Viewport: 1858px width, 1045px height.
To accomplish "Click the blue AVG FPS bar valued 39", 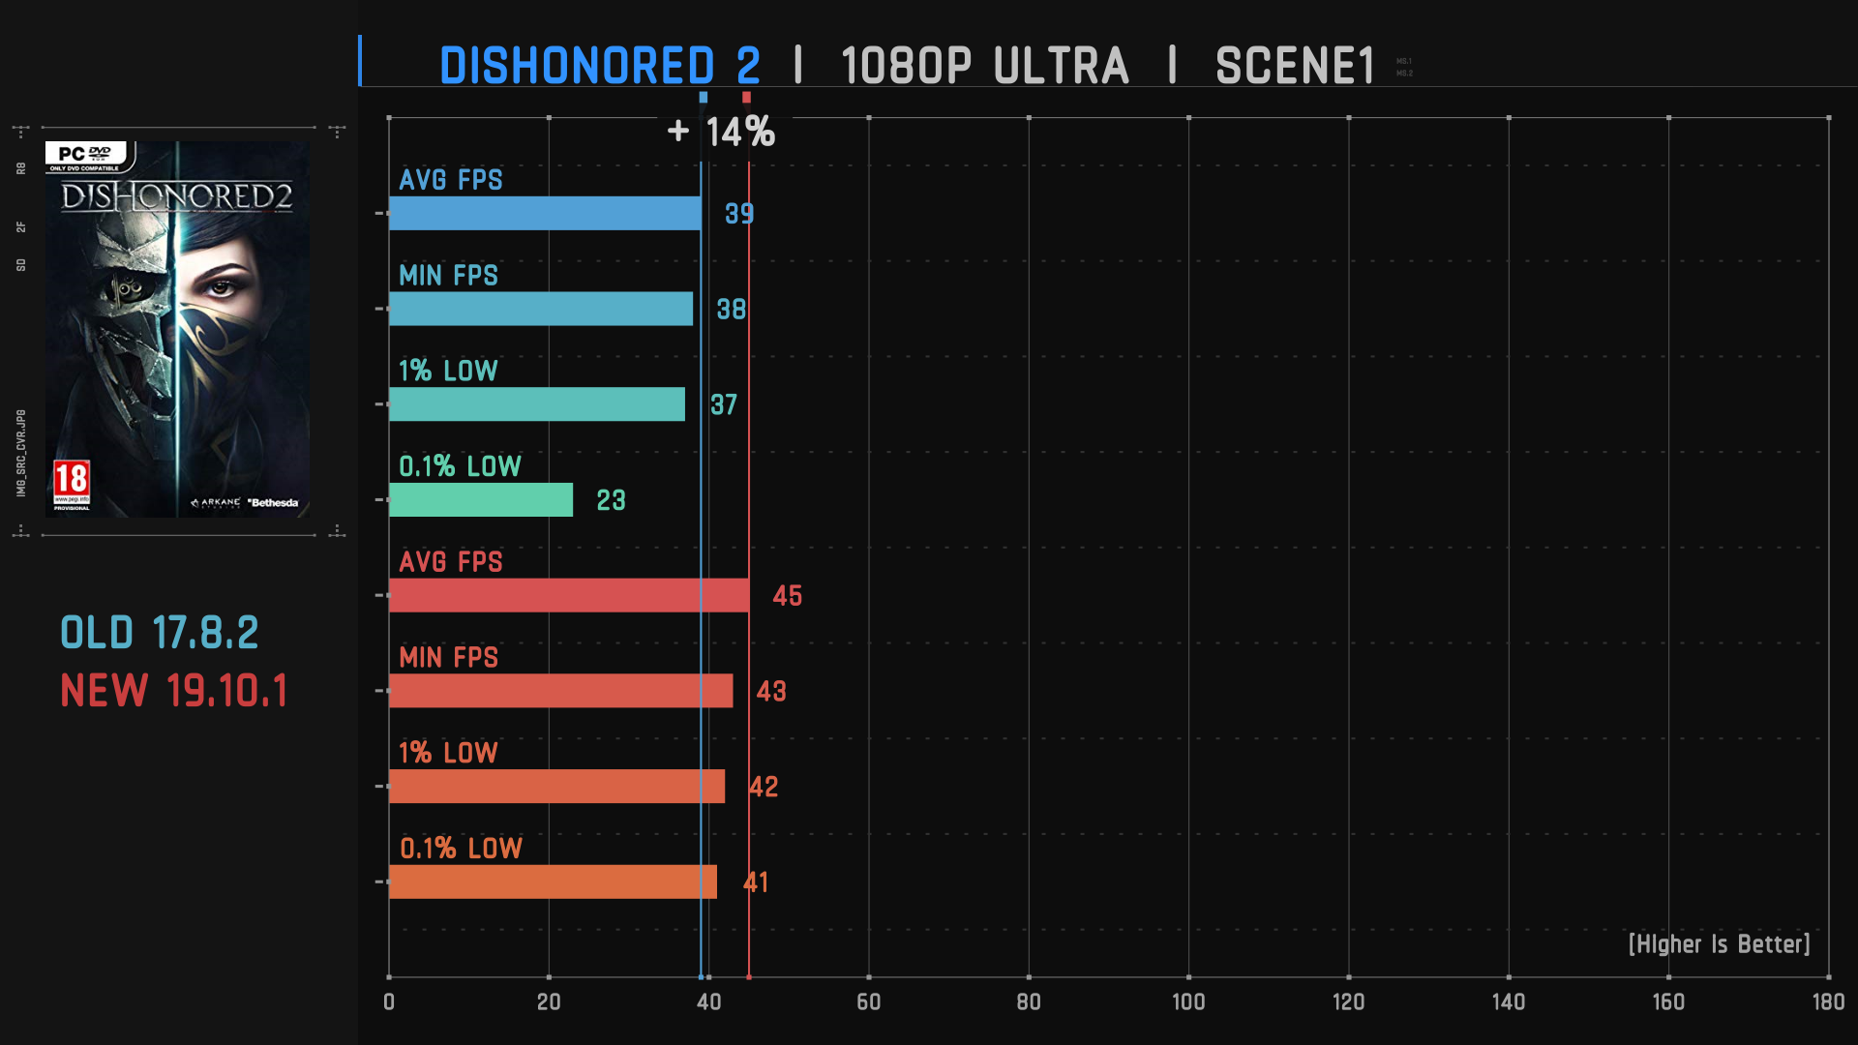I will tap(545, 213).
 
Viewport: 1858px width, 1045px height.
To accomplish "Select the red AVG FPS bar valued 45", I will tap(569, 595).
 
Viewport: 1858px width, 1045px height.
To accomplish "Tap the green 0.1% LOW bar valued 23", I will tap(481, 500).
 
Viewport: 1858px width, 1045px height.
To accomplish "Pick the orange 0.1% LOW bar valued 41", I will tap(553, 881).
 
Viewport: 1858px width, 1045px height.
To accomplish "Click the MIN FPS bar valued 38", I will tap(541, 309).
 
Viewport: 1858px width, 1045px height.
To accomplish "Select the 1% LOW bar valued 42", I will tap(556, 787).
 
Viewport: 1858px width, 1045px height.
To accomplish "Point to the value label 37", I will tap(724, 404).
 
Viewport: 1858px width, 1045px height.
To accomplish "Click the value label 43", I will tap(771, 691).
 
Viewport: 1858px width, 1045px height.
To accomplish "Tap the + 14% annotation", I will tap(722, 132).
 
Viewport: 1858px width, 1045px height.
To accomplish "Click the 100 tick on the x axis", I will tap(1188, 1002).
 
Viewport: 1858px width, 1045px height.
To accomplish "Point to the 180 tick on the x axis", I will tap(1827, 1002).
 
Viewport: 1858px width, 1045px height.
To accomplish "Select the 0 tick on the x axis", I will tap(389, 1002).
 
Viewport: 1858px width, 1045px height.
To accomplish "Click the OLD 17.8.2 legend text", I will tap(160, 633).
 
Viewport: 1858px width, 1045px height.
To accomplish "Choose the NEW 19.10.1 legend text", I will tap(174, 691).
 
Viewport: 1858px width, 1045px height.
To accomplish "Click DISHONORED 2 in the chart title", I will tap(600, 66).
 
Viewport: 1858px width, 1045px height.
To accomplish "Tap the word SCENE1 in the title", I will tap(1295, 66).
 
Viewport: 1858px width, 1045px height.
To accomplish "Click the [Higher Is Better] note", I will tap(1719, 944).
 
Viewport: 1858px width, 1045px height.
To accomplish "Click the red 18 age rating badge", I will tap(72, 483).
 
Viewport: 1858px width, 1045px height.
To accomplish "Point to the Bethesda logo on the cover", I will tap(273, 503).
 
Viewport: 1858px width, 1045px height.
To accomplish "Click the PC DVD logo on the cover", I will tap(85, 155).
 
